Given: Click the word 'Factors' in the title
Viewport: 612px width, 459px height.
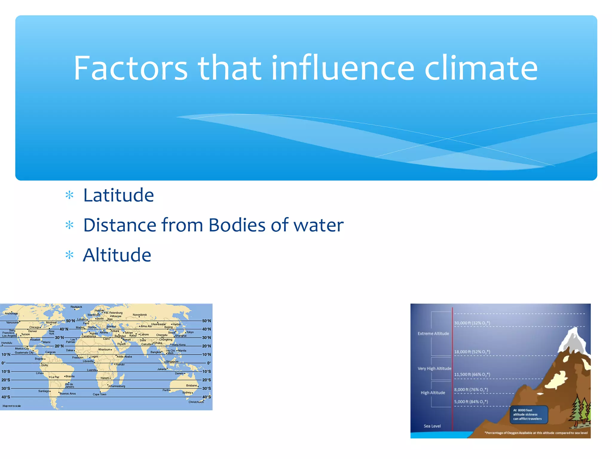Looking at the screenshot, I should click(131, 68).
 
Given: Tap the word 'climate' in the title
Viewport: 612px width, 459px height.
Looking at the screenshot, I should click(481, 68).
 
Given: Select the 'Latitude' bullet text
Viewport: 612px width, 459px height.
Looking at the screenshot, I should click(118, 195).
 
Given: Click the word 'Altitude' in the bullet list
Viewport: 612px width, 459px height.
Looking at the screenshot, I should click(117, 255).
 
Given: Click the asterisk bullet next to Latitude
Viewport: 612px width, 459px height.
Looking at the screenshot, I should click(69, 196).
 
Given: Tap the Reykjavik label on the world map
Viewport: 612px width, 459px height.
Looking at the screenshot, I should click(76, 307).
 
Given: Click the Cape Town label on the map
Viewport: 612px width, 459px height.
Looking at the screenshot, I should click(100, 394).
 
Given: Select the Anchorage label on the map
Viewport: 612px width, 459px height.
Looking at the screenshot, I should click(11, 313).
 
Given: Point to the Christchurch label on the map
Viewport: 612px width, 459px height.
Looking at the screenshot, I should click(196, 402).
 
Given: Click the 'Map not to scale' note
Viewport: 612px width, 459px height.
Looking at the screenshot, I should click(12, 406).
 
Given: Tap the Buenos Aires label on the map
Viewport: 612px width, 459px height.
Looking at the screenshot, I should click(68, 394).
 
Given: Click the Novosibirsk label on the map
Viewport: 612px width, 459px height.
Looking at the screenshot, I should click(140, 315).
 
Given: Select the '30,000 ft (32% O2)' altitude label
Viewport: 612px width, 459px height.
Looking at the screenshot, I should click(472, 323).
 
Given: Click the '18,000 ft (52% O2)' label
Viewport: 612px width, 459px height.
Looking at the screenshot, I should click(472, 352).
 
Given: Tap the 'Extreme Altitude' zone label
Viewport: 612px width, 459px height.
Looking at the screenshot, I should click(433, 333).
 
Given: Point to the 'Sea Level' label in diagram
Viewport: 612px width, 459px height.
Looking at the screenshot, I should click(432, 426).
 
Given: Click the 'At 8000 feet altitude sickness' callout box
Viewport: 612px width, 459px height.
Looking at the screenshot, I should click(529, 414).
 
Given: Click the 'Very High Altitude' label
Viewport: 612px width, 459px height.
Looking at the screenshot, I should click(434, 368).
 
